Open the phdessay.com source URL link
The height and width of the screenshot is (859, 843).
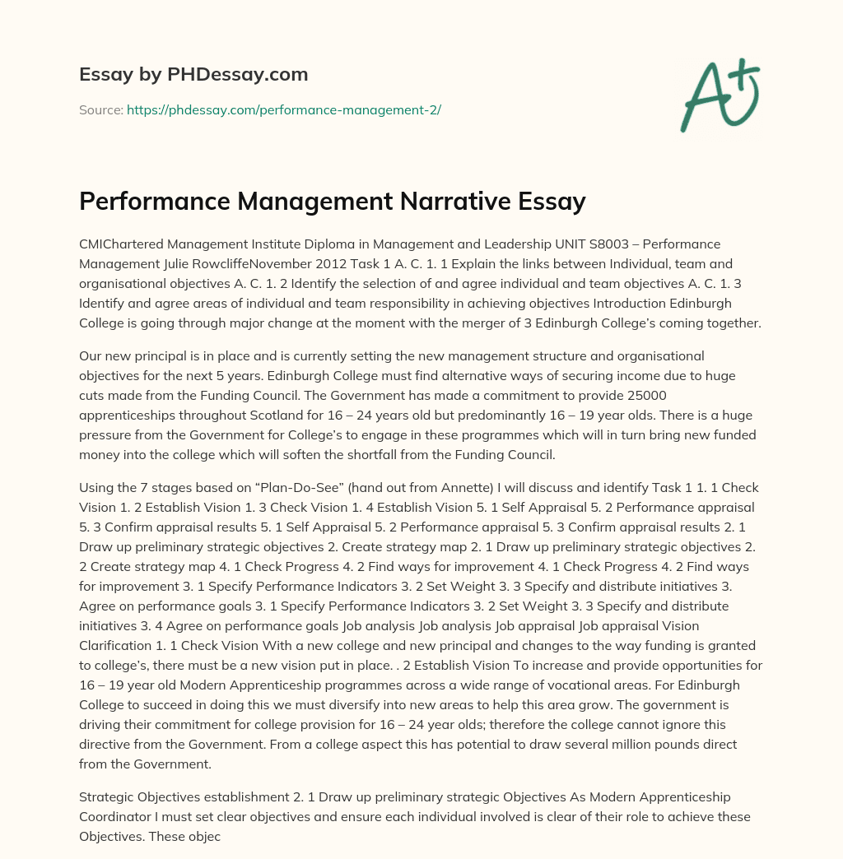pyautogui.click(x=283, y=109)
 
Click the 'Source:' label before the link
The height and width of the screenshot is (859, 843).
pyautogui.click(x=100, y=109)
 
